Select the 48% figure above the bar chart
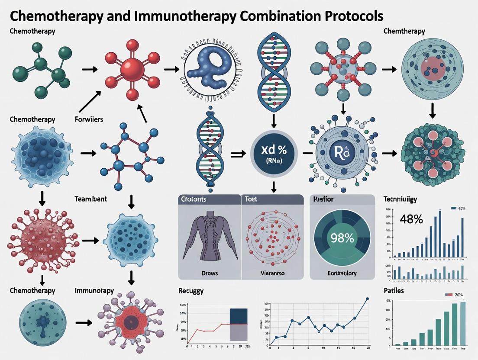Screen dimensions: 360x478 (411, 219)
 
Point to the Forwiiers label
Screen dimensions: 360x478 (89, 119)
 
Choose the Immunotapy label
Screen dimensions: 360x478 (94, 290)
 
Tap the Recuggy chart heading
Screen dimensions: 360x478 (191, 290)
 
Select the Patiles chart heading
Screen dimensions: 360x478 (394, 290)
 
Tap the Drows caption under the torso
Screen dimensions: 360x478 (210, 273)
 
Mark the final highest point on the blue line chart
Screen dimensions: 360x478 (367, 299)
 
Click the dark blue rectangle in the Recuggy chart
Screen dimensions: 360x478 (238, 316)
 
